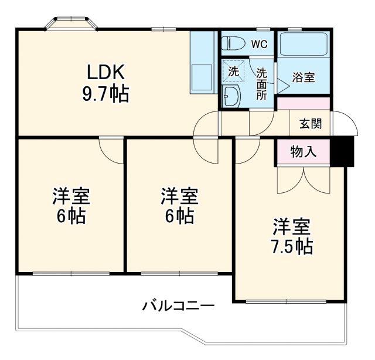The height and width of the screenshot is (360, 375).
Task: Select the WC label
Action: coord(260,43)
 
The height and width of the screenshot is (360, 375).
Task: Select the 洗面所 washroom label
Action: coord(261,84)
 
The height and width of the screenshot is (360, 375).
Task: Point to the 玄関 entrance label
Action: coord(310,124)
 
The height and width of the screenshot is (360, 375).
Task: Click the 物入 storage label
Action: coord(304,152)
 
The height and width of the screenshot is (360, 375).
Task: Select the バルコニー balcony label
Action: coord(178,305)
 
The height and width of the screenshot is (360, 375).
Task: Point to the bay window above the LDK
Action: coord(71,23)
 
